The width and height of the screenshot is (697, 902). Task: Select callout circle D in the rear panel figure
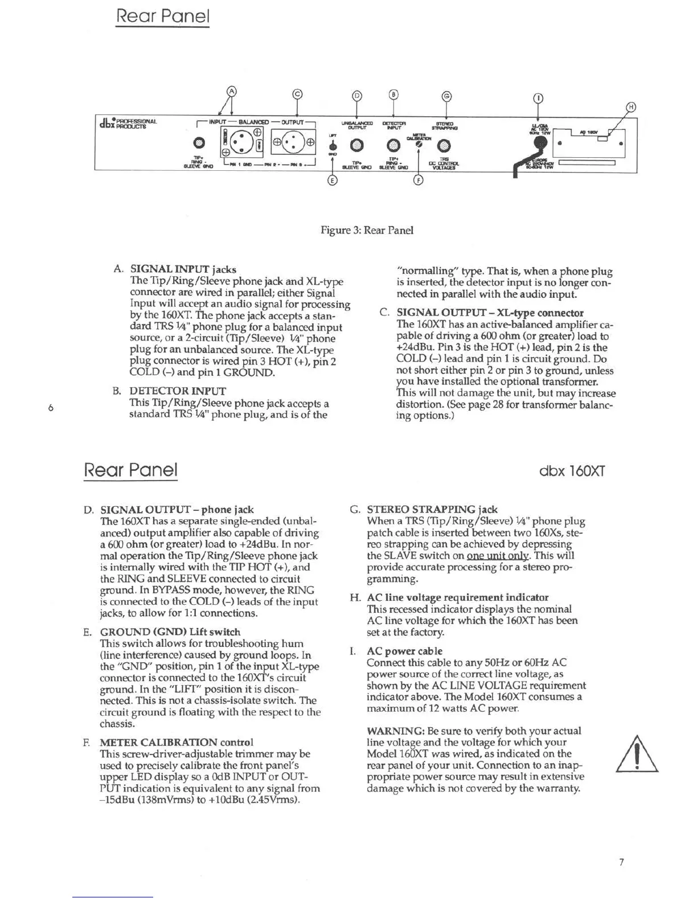pos(356,95)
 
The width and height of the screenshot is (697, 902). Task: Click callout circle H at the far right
pos(631,107)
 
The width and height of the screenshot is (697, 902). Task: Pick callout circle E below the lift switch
pos(333,181)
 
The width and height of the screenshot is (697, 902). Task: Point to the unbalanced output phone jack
pos(357,146)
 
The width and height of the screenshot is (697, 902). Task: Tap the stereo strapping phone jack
pos(445,146)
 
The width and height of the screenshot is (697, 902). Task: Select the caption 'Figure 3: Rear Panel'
pos(367,230)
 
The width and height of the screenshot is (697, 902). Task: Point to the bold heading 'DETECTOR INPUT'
pos(178,391)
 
